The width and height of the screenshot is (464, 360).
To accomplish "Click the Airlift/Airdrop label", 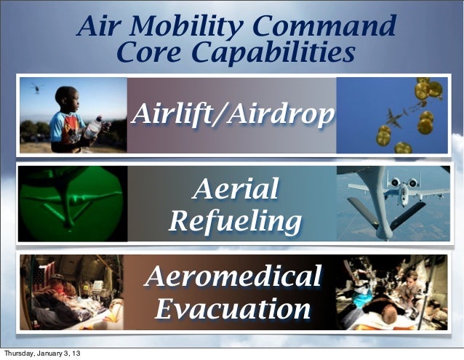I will click(x=233, y=114).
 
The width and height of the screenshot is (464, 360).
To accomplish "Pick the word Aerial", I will click(x=234, y=190).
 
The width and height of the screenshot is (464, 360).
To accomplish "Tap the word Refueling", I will click(x=234, y=220).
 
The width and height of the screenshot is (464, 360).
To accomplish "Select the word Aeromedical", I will click(x=234, y=277).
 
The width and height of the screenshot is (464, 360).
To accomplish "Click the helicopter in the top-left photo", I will click(x=36, y=87).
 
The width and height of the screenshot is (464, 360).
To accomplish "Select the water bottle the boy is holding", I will click(x=92, y=129).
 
